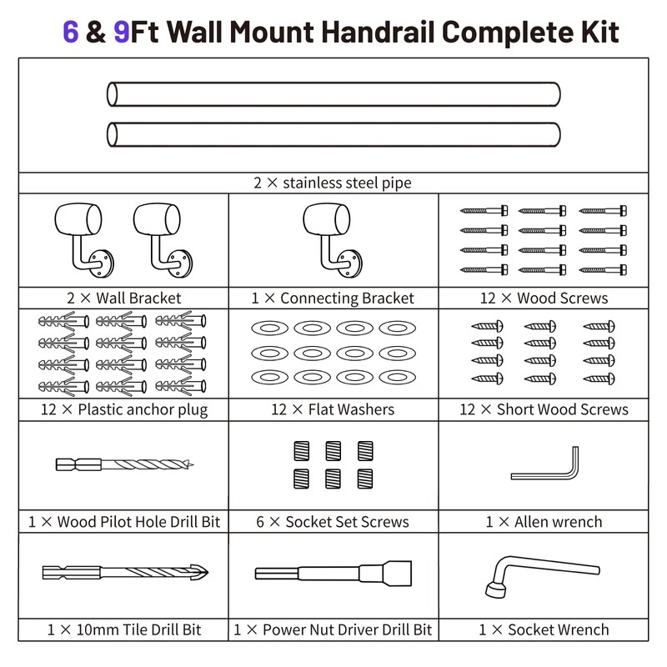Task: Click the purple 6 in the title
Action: [x=71, y=32]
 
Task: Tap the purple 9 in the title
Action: [x=122, y=32]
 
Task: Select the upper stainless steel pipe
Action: [x=333, y=94]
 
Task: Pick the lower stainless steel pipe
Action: [x=333, y=134]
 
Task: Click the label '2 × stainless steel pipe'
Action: [x=333, y=183]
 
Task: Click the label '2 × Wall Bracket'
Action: [x=123, y=298]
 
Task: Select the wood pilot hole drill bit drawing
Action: [x=123, y=464]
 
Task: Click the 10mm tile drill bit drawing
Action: [x=123, y=573]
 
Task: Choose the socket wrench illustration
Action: [x=540, y=575]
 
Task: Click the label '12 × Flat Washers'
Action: [x=333, y=409]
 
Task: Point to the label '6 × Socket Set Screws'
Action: [x=333, y=522]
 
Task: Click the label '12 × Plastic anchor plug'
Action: [x=123, y=409]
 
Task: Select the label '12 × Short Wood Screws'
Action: [x=544, y=409]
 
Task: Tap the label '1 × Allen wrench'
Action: [x=544, y=522]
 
